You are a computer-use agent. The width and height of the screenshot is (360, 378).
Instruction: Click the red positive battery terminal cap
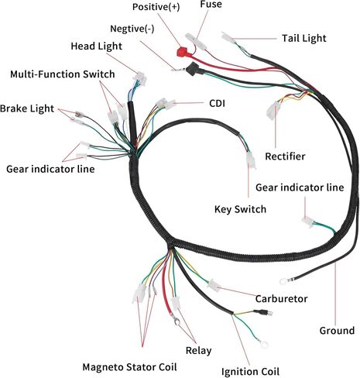183,53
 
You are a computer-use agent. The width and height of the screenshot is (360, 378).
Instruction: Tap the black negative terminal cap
194,68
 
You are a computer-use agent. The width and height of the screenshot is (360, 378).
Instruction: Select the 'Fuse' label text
211,5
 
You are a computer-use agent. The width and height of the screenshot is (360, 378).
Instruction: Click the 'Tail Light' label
304,38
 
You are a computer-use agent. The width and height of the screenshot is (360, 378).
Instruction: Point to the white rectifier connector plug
273,110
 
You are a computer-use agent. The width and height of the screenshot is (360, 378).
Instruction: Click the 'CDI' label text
217,103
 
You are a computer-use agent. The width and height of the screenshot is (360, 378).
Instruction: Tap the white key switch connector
251,160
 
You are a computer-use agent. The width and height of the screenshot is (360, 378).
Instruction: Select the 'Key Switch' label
240,209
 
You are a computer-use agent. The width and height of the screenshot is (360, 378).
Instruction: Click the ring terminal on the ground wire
283,281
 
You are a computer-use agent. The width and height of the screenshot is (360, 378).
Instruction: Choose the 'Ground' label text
337,331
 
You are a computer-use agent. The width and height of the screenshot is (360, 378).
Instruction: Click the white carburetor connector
214,285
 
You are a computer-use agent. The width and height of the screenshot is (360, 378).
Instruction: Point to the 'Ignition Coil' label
250,372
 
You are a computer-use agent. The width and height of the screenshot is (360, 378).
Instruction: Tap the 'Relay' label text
198,350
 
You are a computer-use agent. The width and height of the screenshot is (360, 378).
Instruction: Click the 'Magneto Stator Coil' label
129,367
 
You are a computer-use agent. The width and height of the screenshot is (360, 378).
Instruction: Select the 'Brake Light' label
27,108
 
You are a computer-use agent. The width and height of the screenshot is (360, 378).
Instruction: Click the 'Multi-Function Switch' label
63,74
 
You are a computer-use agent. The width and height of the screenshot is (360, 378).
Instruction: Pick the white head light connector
140,78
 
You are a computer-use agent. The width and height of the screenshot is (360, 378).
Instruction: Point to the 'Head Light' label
96,46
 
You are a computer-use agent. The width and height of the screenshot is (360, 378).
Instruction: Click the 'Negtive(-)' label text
132,29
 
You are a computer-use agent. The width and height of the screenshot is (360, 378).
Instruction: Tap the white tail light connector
228,38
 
